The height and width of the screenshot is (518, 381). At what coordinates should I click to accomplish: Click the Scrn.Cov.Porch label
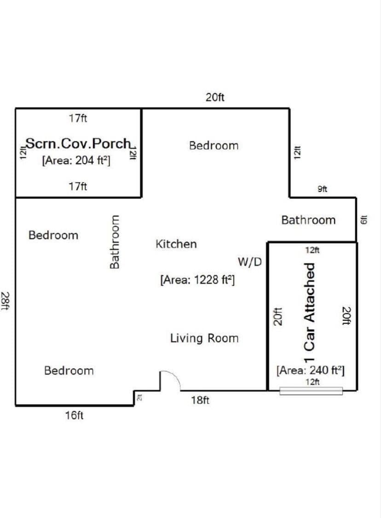(x=78, y=143)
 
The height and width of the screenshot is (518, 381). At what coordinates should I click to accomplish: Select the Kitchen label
(x=176, y=244)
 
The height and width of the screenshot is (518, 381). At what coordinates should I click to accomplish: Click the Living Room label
(x=204, y=338)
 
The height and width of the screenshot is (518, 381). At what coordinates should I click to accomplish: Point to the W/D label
(x=250, y=262)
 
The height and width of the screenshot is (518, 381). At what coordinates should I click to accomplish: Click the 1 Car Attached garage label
(x=309, y=312)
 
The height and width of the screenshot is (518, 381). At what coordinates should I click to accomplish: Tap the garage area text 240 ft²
(x=311, y=371)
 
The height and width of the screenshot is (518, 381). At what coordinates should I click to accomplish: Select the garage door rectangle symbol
(x=311, y=391)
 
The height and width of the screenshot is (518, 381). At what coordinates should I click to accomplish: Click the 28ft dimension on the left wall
(x=6, y=301)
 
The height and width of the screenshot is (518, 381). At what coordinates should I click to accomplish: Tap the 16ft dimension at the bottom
(x=74, y=415)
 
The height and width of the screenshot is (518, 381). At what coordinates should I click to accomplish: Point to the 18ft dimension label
(x=200, y=400)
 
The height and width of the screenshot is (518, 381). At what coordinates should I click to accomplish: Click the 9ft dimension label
(x=322, y=189)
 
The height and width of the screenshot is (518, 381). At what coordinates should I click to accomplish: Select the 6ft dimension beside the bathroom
(x=364, y=220)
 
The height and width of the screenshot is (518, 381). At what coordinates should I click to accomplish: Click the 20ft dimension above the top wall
(x=215, y=97)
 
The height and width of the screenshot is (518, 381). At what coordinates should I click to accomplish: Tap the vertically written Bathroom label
(x=115, y=242)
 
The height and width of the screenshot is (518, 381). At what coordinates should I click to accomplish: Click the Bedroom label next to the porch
(x=214, y=146)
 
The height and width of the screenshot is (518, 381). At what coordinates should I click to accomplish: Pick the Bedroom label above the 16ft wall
(x=69, y=371)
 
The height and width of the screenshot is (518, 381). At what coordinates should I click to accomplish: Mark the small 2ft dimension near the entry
(x=139, y=397)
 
